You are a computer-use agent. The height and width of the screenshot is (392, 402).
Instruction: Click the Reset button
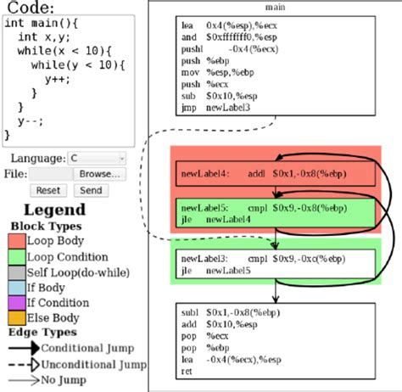click(48, 190)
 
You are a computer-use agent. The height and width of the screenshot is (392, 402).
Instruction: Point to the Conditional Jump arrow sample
click(22, 349)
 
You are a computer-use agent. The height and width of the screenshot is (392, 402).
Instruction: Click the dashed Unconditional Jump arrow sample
click(22, 364)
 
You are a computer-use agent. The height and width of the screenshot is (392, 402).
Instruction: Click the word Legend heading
click(54, 210)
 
